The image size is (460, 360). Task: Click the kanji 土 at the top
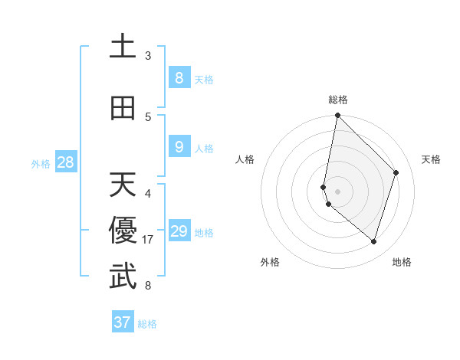point(123,46)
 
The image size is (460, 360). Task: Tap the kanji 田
point(123,108)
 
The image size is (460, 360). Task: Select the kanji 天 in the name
point(123,185)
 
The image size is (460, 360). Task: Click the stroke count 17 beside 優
point(149,240)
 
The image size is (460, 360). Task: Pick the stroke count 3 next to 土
point(148,56)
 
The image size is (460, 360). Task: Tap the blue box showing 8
point(179,77)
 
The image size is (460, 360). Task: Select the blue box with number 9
point(179,146)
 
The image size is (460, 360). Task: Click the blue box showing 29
point(179,231)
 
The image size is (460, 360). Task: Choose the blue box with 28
point(65,162)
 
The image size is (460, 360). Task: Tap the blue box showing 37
point(123,322)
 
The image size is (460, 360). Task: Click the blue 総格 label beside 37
point(148,324)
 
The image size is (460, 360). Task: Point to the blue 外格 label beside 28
point(41,163)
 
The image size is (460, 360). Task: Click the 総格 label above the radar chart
point(338,100)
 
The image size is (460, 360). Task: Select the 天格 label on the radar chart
point(431,159)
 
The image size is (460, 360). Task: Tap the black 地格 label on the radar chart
point(402,262)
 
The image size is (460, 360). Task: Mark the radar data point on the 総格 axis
point(337,115)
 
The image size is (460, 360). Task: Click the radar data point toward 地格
point(373,241)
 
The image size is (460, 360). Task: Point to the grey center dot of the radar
point(337,191)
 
